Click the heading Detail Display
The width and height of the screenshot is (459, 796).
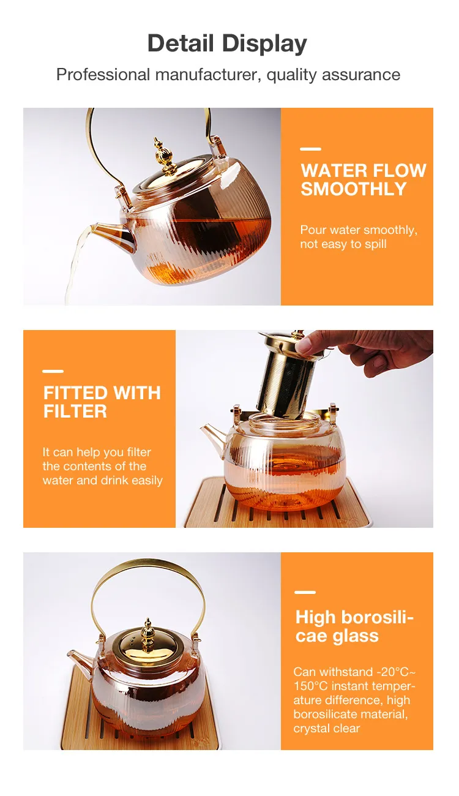click(x=227, y=43)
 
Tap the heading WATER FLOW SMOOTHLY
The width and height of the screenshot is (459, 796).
click(x=363, y=179)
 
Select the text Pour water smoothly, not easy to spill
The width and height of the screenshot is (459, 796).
click(x=359, y=237)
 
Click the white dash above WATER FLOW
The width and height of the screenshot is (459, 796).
click(x=310, y=149)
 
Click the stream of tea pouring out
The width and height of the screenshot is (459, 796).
click(x=75, y=269)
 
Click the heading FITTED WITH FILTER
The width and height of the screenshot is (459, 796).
click(x=102, y=402)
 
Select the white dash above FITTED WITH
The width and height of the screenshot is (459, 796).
click(x=53, y=371)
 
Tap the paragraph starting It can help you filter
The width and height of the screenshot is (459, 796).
click(x=102, y=467)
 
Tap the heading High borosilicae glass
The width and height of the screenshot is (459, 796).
click(x=354, y=626)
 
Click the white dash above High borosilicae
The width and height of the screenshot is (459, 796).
click(x=305, y=592)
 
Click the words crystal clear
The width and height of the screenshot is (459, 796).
click(x=326, y=729)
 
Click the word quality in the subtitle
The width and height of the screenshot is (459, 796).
click(x=291, y=75)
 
